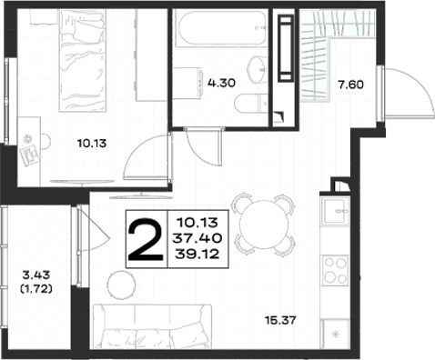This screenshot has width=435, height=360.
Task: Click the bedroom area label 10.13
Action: [x=92, y=143]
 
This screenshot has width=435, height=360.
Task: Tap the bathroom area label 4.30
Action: [x=221, y=83]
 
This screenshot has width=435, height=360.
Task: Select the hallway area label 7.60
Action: [x=351, y=85]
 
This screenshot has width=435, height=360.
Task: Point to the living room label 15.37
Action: [x=280, y=320]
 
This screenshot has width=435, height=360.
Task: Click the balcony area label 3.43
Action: [x=36, y=275]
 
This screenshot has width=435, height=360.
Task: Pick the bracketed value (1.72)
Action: [x=36, y=289]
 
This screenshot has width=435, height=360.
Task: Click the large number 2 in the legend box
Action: [x=146, y=240]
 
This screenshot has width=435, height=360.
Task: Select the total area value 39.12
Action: [x=197, y=254]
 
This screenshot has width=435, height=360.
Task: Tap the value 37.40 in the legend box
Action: [x=197, y=238]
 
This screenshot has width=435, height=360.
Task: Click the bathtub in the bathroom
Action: [x=222, y=28]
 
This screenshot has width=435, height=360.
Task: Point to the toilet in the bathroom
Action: [x=251, y=103]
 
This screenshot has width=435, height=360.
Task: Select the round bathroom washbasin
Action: [x=258, y=69]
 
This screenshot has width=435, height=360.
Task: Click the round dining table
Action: [x=264, y=225]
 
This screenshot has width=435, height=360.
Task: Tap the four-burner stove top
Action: [x=335, y=270]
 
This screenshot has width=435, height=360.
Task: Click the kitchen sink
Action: [x=335, y=211]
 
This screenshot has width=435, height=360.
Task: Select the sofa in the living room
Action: [x=153, y=326]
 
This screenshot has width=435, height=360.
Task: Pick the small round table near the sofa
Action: [x=121, y=285]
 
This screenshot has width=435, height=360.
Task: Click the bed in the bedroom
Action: [x=83, y=61]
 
